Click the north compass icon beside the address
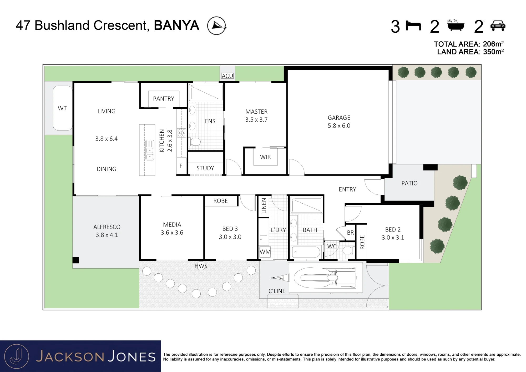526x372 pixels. (216, 26)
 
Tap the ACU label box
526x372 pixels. (227, 76)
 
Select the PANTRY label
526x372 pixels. (164, 99)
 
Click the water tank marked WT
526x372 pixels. (63, 108)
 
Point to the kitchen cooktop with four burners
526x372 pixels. (181, 133)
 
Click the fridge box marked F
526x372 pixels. (181, 166)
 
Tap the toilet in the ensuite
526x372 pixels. (195, 142)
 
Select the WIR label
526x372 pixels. (265, 157)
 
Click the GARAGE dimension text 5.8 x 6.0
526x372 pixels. (339, 126)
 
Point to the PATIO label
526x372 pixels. (409, 183)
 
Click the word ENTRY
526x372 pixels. (347, 189)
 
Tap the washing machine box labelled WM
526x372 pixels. (265, 252)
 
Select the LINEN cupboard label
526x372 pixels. (264, 206)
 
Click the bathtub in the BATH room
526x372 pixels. (306, 252)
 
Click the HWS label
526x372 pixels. (201, 266)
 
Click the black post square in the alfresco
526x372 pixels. (76, 260)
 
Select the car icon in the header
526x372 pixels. (498, 26)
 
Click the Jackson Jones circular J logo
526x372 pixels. (17, 356)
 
